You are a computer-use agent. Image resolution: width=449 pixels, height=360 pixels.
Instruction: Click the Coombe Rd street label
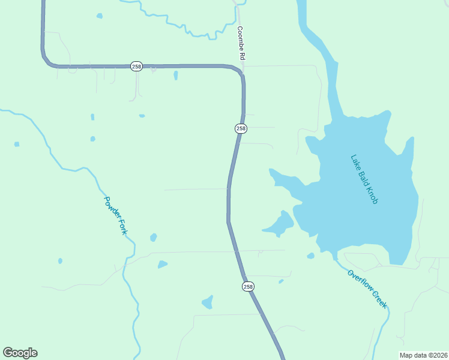pyautogui.click(x=242, y=43)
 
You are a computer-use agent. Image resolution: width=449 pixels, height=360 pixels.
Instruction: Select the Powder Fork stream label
pyautogui.click(x=116, y=215)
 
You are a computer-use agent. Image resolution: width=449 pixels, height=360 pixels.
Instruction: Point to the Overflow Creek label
pyautogui.click(x=367, y=289)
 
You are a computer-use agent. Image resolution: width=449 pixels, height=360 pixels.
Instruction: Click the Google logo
pyautogui.click(x=20, y=353)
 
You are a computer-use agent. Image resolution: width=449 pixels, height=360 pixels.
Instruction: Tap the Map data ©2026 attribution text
pyautogui.click(x=423, y=355)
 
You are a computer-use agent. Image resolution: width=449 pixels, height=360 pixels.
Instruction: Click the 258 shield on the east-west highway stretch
pyautogui.click(x=136, y=66)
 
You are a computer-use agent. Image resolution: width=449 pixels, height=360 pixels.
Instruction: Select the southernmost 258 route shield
pyautogui.click(x=249, y=287)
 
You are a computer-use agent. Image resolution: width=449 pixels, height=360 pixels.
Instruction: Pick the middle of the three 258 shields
pyautogui.click(x=241, y=128)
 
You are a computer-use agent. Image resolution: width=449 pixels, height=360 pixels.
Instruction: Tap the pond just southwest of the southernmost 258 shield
pyautogui.click(x=207, y=302)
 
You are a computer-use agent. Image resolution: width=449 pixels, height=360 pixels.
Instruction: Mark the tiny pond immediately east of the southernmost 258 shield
pyautogui.click(x=281, y=281)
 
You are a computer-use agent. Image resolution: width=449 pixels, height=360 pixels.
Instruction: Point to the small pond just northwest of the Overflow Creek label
pyautogui.click(x=310, y=256)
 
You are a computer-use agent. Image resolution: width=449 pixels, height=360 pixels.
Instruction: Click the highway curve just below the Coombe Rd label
pyautogui.click(x=239, y=71)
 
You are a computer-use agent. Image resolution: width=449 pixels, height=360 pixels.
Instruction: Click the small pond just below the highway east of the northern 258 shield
pyautogui.click(x=175, y=76)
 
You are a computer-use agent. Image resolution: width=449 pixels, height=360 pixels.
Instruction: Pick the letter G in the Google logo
pyautogui.click(x=8, y=353)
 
